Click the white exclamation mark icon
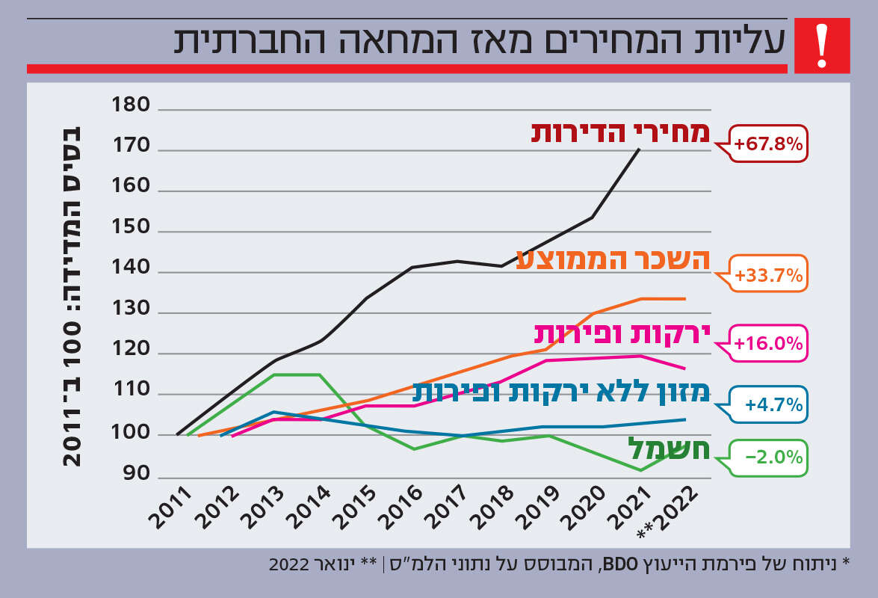(822, 46)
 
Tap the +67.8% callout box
(769, 144)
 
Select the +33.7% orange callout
(769, 276)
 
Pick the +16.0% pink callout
(769, 344)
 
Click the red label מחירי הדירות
(619, 132)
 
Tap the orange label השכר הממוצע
(613, 258)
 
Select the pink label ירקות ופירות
(621, 333)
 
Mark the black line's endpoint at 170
(640, 149)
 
